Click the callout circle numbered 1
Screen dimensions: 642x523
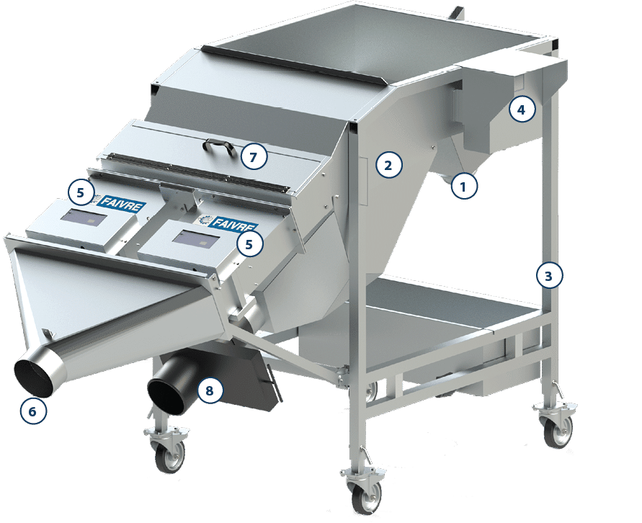point(464,187)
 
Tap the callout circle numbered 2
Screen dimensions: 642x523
point(388,165)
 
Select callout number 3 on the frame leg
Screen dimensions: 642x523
point(550,276)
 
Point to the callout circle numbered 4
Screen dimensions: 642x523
point(522,109)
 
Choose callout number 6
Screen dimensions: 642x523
point(33,411)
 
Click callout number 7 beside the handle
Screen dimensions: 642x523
point(254,156)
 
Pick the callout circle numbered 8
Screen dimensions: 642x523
point(210,391)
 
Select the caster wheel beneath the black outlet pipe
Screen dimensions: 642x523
point(169,455)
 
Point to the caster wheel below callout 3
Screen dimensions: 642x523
point(557,431)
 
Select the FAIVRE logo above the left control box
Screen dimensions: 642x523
point(120,203)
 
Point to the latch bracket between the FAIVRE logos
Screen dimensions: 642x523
point(177,197)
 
